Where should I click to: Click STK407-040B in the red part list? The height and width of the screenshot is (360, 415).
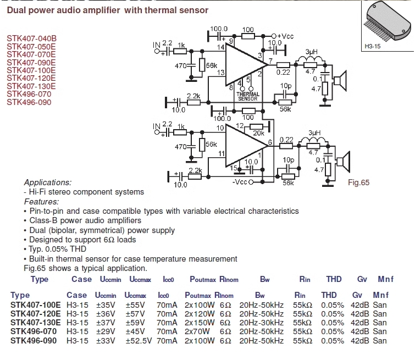point(31,38)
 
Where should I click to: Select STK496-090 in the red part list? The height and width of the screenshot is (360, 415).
point(29,102)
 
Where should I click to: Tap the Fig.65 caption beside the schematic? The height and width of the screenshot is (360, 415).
point(359,182)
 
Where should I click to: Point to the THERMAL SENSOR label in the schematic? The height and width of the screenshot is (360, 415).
point(247,96)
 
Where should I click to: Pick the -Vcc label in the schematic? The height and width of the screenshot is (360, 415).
point(240,182)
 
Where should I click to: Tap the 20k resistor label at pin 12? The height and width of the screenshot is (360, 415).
point(258,134)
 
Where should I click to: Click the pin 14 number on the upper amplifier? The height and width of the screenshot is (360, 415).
point(220,48)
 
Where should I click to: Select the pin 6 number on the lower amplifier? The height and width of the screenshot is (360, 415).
point(270,143)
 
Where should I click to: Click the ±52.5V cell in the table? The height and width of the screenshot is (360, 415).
point(139,341)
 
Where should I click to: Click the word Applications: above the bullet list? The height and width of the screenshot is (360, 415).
point(48,182)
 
